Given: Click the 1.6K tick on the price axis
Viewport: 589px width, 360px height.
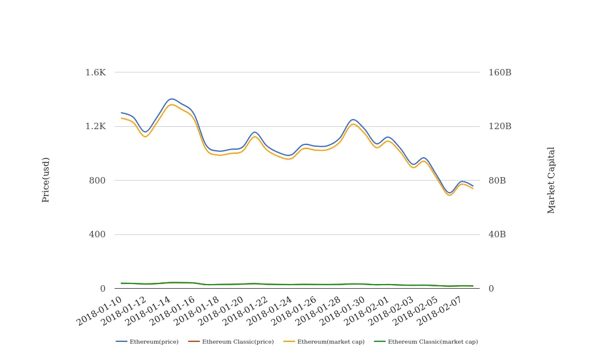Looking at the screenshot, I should [x=95, y=72].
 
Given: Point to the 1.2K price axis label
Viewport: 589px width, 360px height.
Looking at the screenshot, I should [x=95, y=126].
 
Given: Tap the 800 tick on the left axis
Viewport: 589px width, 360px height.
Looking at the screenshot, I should [x=97, y=181].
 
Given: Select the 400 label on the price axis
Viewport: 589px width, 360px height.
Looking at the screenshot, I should [x=97, y=234].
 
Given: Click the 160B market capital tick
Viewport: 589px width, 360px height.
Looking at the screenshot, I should [x=500, y=72].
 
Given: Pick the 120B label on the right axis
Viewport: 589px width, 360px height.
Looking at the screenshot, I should [x=500, y=126].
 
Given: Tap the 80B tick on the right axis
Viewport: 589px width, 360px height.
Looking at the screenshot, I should [x=497, y=181].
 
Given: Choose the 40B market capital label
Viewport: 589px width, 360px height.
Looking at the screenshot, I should [x=497, y=234].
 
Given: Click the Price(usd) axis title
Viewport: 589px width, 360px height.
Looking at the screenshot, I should [x=46, y=180].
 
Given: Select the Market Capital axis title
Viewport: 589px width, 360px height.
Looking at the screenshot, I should [x=552, y=180].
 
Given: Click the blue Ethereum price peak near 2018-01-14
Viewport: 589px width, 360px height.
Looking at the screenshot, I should [x=171, y=99].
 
